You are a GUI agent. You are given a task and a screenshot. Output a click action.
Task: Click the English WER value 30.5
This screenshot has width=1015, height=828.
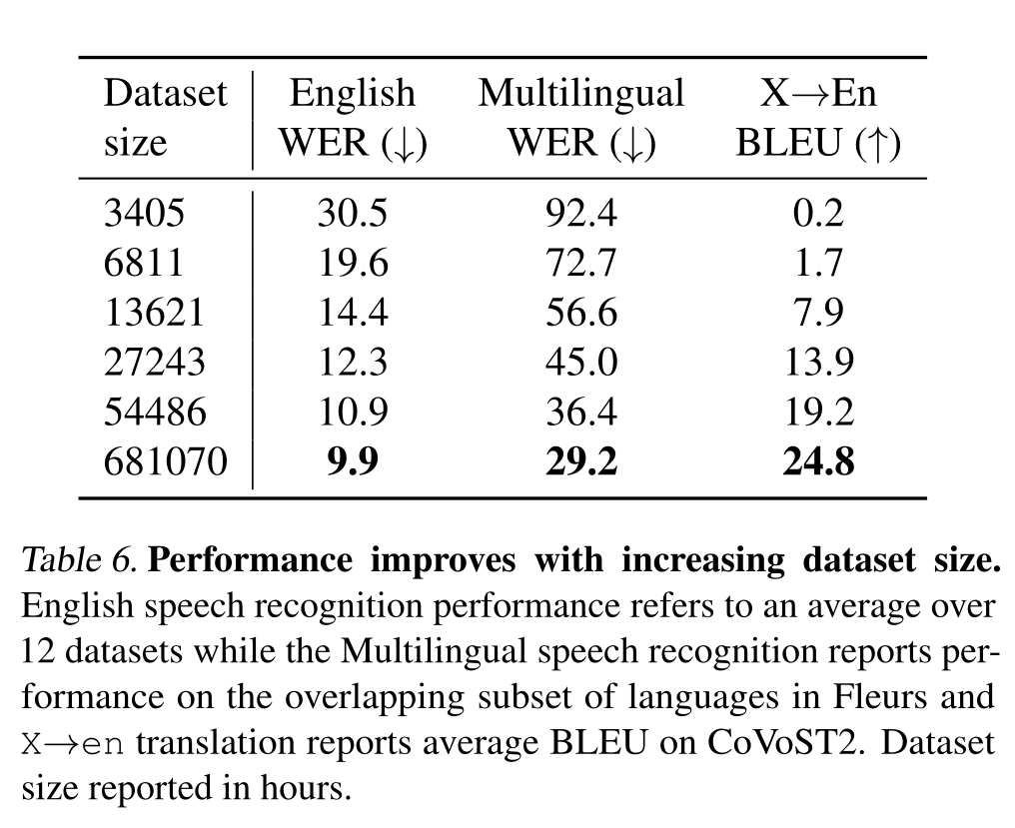pyautogui.click(x=352, y=213)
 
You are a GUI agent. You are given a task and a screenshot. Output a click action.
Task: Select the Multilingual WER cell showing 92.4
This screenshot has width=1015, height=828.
pyautogui.click(x=580, y=213)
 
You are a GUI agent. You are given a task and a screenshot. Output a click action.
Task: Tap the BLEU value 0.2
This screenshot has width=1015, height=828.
pyautogui.click(x=818, y=213)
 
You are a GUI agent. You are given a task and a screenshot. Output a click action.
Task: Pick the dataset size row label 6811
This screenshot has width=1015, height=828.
pyautogui.click(x=144, y=263)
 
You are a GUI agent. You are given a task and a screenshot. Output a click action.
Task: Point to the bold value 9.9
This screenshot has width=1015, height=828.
pyautogui.click(x=352, y=462)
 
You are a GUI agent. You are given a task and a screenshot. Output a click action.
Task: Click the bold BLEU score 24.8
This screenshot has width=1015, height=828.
pyautogui.click(x=818, y=462)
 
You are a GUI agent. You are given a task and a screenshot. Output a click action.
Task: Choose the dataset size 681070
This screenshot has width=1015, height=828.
pyautogui.click(x=166, y=462)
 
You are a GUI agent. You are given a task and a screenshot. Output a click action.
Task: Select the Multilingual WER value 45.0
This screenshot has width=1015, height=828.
pyautogui.click(x=580, y=363)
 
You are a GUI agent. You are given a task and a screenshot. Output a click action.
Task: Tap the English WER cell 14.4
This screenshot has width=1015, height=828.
pyautogui.click(x=352, y=313)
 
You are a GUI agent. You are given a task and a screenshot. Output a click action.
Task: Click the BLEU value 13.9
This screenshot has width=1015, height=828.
pyautogui.click(x=818, y=363)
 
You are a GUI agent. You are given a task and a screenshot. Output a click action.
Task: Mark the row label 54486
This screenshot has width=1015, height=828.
pyautogui.click(x=155, y=413)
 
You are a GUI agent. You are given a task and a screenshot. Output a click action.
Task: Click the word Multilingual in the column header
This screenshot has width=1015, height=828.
pyautogui.click(x=580, y=94)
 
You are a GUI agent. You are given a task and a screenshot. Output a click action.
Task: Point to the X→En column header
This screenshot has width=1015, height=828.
pyautogui.click(x=818, y=94)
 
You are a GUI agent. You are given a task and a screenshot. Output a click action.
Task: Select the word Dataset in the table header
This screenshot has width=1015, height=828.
pyautogui.click(x=166, y=94)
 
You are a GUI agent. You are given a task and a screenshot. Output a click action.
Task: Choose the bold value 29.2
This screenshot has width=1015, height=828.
pyautogui.click(x=580, y=462)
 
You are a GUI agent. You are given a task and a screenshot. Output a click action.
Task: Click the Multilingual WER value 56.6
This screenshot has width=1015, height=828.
pyautogui.click(x=580, y=313)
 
